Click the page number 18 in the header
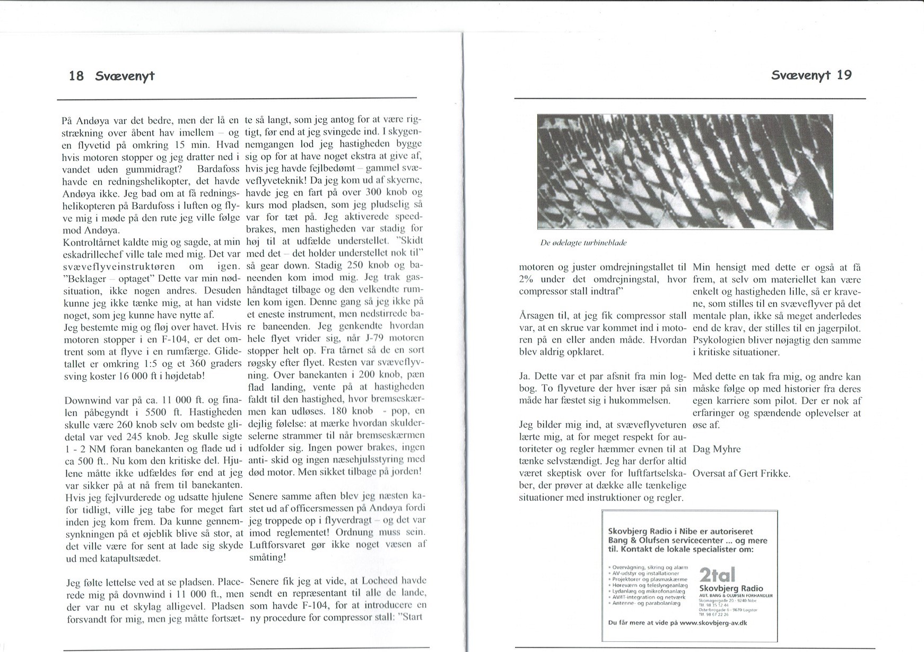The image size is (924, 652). (76, 76)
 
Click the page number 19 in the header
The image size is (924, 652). (844, 75)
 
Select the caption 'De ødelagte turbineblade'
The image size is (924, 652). (583, 242)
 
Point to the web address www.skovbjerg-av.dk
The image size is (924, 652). (713, 622)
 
